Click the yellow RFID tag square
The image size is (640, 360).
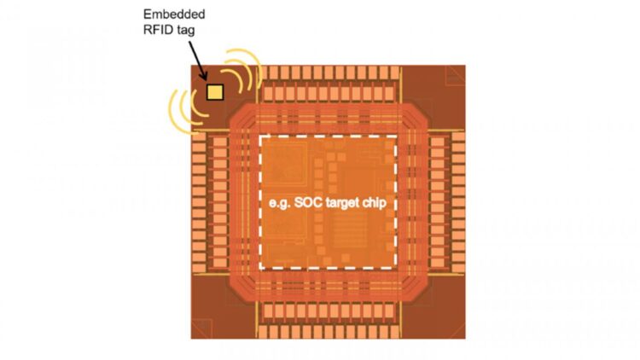click(x=214, y=90)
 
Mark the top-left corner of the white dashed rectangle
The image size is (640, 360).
click(x=260, y=137)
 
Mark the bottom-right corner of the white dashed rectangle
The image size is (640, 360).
click(x=398, y=269)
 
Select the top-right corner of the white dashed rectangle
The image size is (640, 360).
click(x=398, y=137)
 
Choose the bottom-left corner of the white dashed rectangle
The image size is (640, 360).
click(x=260, y=269)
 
